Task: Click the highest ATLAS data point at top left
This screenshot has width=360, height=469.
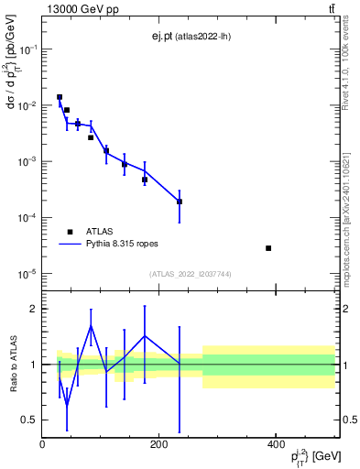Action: coord(60,97)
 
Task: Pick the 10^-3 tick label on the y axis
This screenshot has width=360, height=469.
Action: coord(28,162)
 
